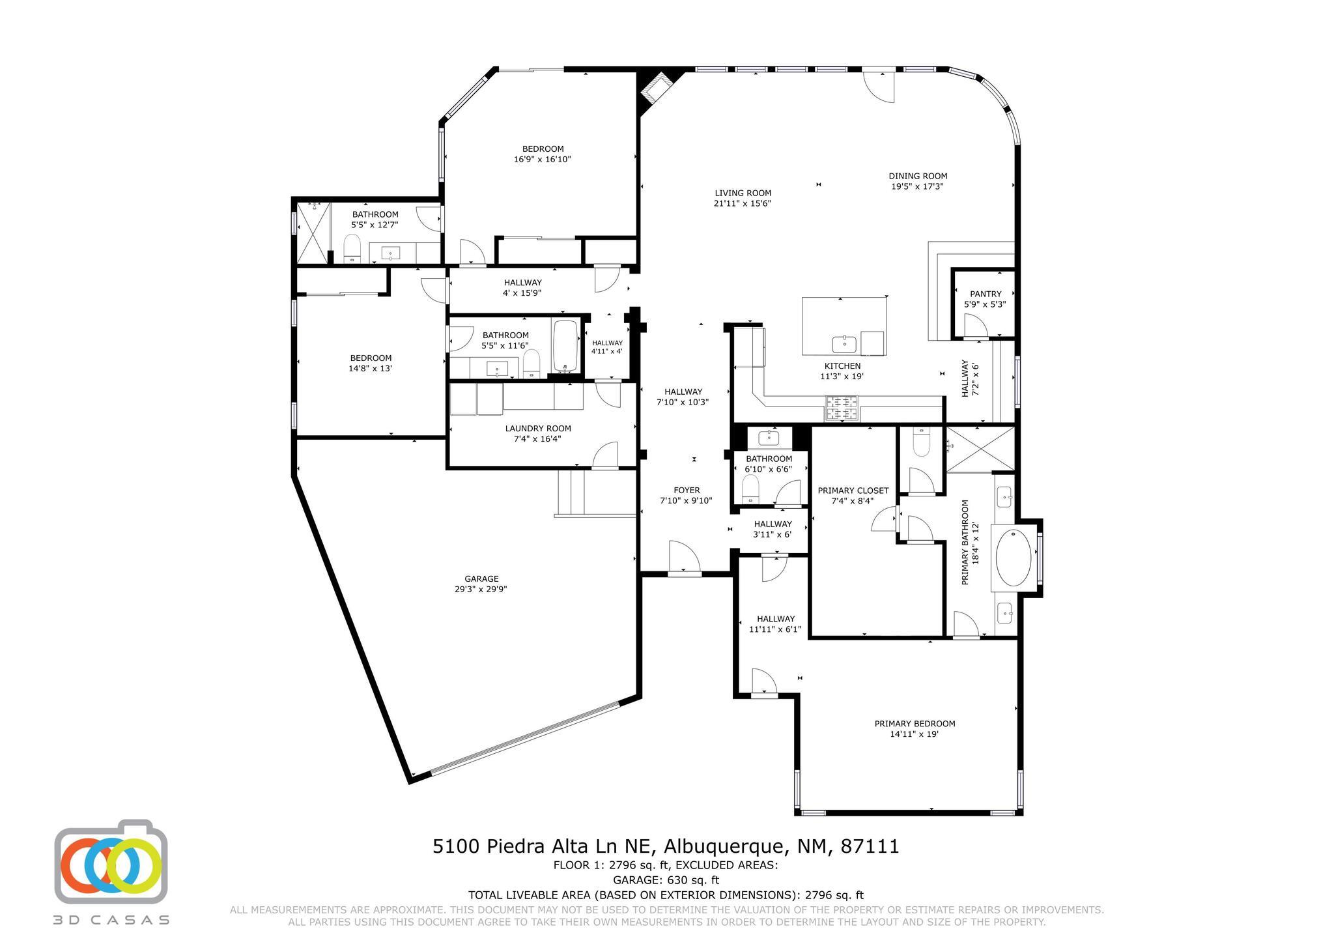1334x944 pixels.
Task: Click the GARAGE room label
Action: click(481, 579)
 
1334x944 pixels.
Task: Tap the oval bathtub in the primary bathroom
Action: click(1014, 558)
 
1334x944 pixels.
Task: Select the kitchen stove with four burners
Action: click(842, 408)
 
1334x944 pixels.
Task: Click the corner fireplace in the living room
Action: click(656, 90)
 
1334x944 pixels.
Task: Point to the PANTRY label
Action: click(986, 294)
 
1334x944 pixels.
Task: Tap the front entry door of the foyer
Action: click(684, 559)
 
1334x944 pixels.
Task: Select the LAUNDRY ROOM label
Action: click(538, 428)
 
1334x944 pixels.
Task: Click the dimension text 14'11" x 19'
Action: click(914, 734)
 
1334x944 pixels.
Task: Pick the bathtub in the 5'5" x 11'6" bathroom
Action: click(566, 346)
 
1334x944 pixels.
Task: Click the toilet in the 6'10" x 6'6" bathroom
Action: click(751, 488)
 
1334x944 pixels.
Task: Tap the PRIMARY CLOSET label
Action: click(853, 491)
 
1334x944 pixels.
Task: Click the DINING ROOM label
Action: click(918, 176)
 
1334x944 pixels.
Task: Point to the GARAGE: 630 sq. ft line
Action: click(665, 880)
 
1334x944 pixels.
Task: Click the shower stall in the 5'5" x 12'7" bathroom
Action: click(312, 233)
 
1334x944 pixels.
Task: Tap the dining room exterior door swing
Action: click(880, 87)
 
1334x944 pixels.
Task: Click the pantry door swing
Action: click(976, 325)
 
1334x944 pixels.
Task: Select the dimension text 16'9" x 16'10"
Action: click(542, 159)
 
